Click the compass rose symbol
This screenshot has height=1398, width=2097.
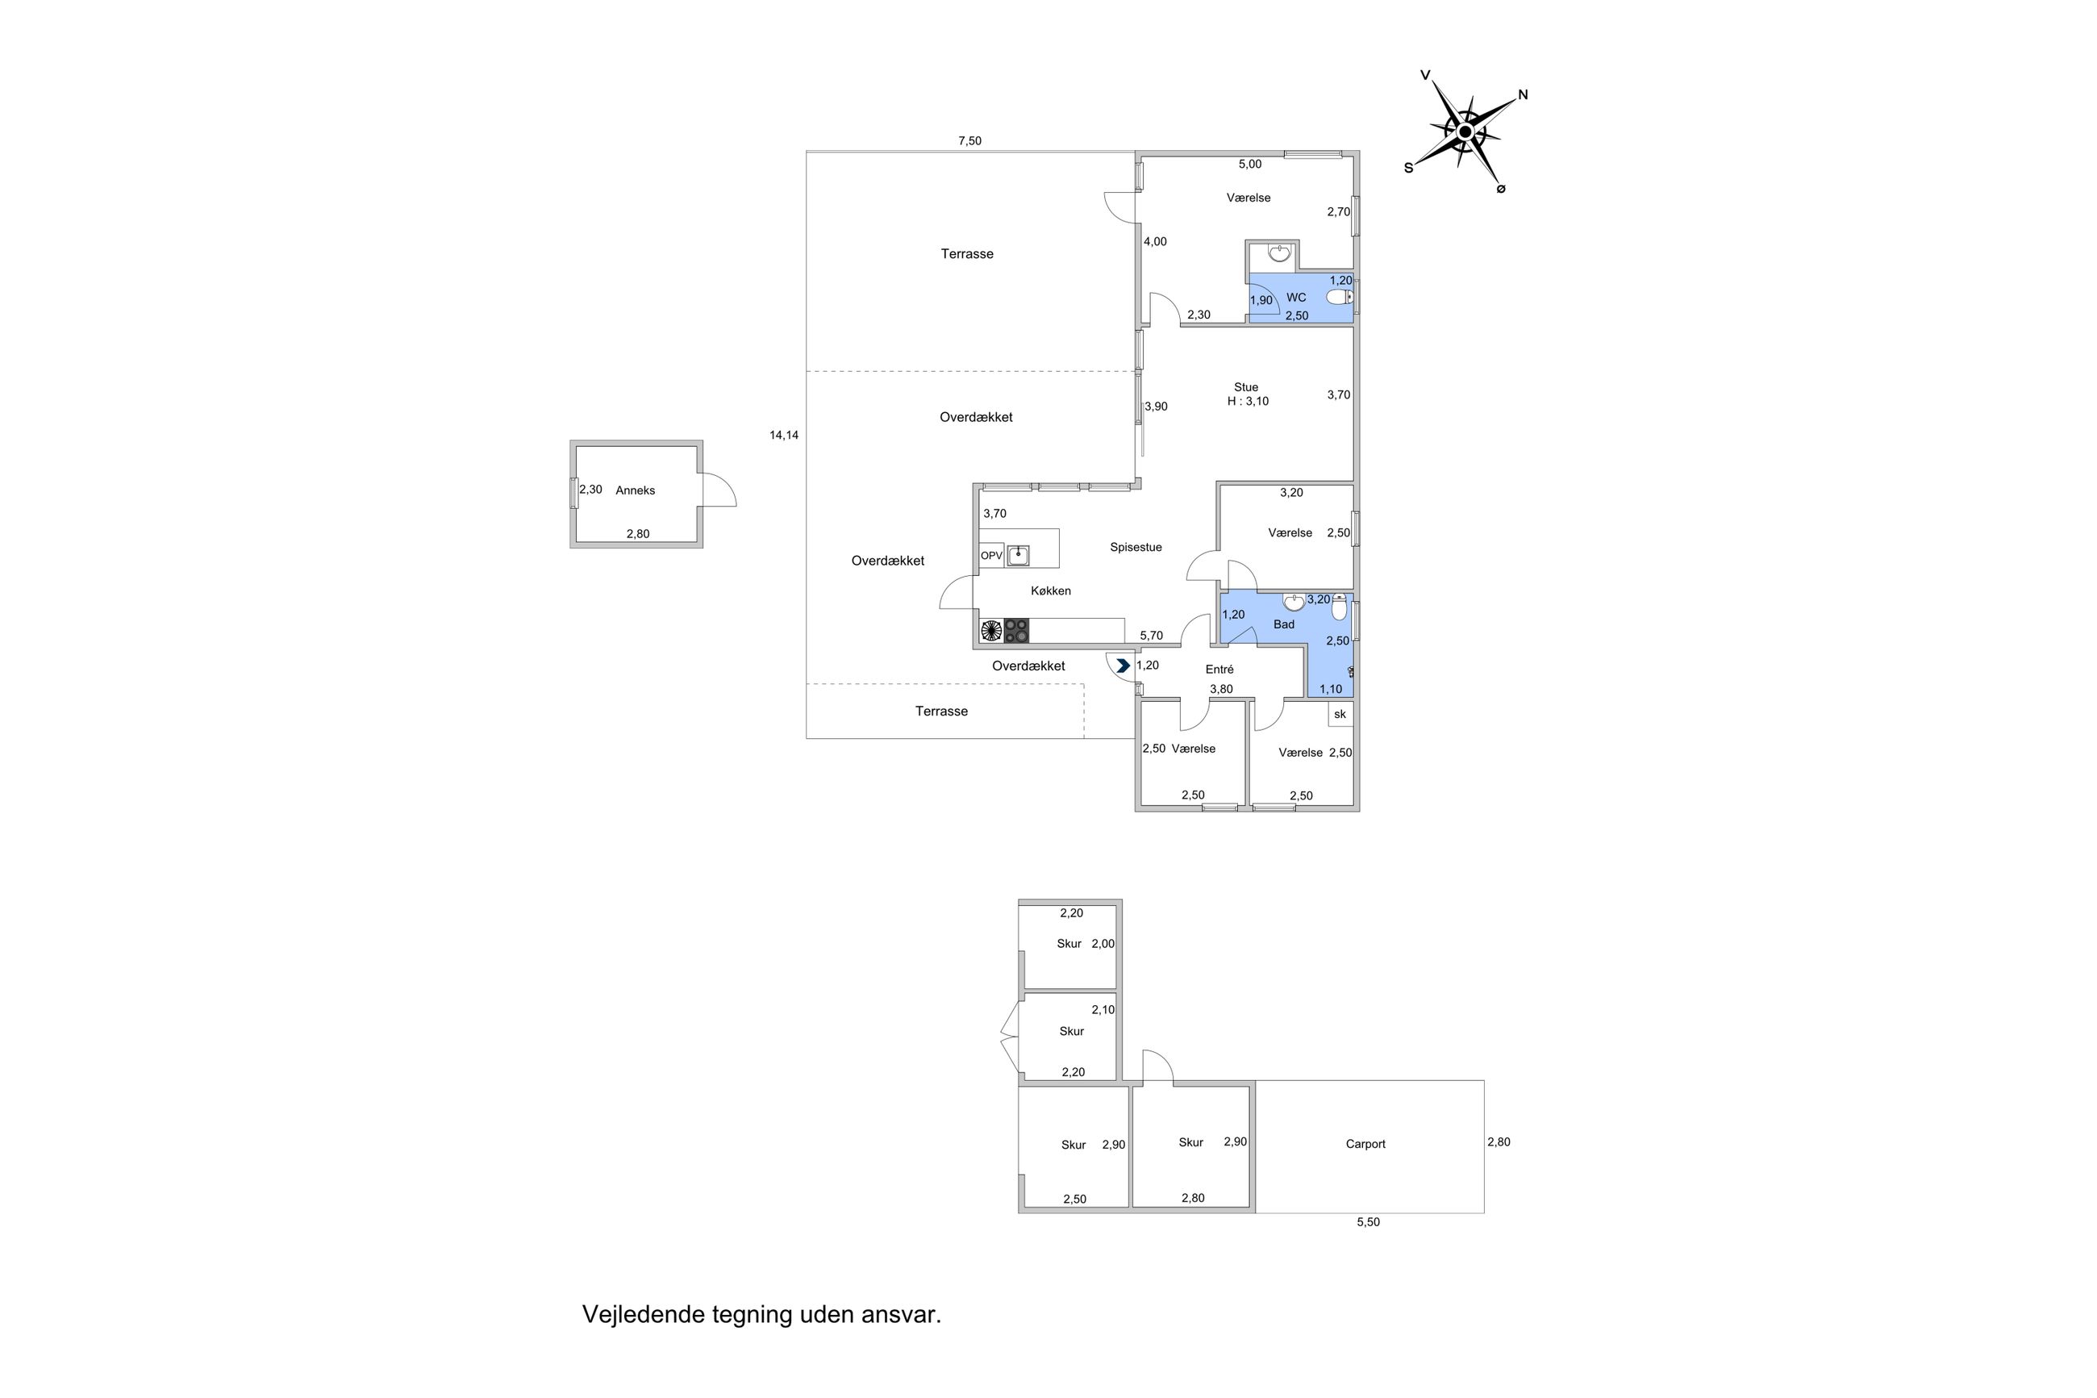[1463, 132]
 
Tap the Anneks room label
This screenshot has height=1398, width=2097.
[635, 490]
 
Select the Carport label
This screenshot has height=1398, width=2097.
[1365, 1144]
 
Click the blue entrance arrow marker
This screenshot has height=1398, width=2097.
[1123, 666]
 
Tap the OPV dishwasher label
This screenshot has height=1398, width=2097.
[991, 556]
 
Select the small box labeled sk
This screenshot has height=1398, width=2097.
[1340, 714]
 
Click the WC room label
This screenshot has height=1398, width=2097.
[1296, 298]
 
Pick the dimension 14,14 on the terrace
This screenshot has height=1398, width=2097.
[783, 435]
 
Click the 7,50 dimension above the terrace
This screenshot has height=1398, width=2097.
[969, 141]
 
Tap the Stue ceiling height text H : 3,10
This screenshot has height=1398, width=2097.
[1247, 401]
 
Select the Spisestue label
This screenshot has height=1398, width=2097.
[1136, 548]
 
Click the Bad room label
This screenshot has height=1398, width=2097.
[1283, 624]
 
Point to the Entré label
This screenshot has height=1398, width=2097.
[1219, 670]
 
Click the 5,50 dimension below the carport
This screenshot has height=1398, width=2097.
[1367, 1222]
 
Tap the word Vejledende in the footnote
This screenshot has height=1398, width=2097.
[643, 1314]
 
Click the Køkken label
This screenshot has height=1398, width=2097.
[1050, 591]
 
